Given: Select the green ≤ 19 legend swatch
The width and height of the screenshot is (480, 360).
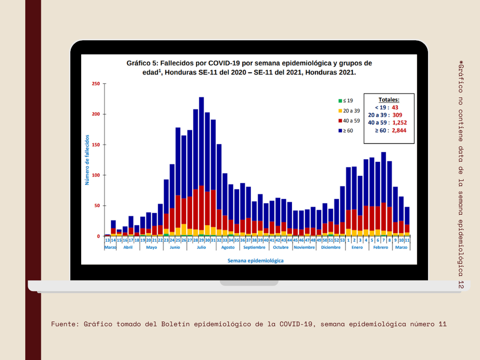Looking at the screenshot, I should tap(340, 101).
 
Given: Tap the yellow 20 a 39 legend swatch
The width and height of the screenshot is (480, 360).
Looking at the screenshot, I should tap(340, 111).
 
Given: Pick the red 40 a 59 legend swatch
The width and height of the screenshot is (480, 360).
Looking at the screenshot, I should tap(340, 120).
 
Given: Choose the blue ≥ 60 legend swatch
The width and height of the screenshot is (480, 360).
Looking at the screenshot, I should tap(340, 130).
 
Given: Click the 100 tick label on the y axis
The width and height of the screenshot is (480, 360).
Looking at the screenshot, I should tap(96, 175).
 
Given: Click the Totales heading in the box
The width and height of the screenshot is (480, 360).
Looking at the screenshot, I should tap(389, 100).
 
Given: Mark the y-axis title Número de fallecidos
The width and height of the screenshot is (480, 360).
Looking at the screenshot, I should tap(87, 159).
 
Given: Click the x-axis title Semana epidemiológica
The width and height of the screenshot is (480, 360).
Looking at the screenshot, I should tap(255, 260).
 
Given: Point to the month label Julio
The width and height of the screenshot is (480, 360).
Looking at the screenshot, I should tap(201, 247).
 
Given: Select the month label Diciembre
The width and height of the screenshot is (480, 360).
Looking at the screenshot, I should tap(331, 247).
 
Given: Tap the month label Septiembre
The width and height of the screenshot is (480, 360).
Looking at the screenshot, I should tap(255, 247).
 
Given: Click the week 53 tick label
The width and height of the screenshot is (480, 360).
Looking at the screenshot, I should tap(342, 240).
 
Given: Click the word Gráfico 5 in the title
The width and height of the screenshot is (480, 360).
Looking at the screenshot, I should tap(143, 63).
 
